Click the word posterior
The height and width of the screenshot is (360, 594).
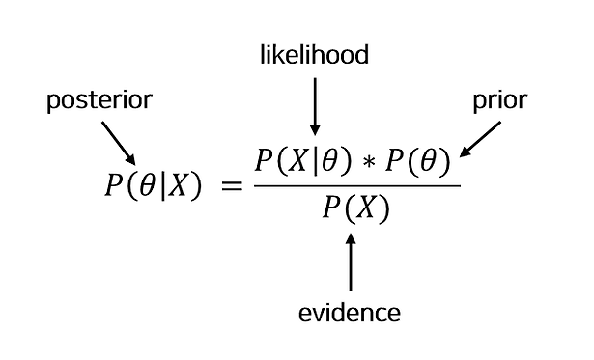(x=99, y=100)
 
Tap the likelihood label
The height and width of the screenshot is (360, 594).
(x=315, y=55)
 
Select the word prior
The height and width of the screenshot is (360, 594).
(x=500, y=100)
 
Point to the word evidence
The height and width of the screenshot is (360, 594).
(x=350, y=313)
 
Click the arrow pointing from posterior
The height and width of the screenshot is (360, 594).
(x=119, y=143)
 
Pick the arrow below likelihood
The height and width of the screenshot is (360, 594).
(x=315, y=107)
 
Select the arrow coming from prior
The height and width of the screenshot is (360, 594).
(x=480, y=139)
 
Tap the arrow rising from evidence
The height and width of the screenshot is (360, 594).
(x=351, y=262)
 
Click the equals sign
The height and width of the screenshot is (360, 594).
(x=232, y=185)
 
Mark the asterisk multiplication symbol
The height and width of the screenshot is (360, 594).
(x=369, y=162)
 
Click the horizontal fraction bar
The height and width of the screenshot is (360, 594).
(x=357, y=186)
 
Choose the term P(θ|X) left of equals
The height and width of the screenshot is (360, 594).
(x=153, y=186)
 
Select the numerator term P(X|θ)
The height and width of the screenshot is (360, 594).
(x=303, y=161)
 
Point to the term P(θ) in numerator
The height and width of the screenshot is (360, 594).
(x=418, y=161)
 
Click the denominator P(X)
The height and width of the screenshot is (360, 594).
(x=356, y=208)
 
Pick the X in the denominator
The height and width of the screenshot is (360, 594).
(x=364, y=208)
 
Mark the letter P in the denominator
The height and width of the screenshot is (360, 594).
(x=331, y=208)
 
